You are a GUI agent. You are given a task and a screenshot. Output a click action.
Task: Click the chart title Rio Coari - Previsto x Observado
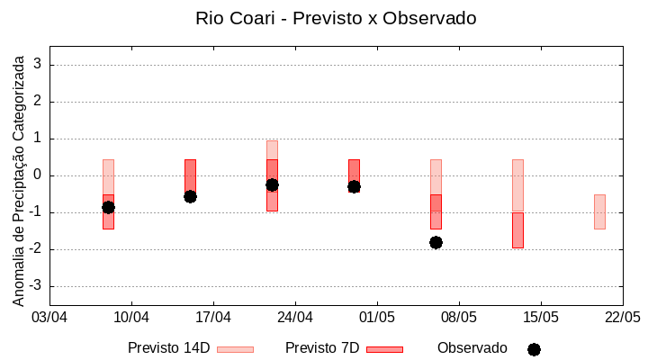336,18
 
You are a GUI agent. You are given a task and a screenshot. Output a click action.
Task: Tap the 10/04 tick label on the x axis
131,318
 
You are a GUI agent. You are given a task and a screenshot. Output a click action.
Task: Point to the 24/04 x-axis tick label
295,318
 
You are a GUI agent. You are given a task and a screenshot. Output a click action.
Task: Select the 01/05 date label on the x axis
377,318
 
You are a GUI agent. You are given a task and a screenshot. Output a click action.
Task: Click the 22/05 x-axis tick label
622,318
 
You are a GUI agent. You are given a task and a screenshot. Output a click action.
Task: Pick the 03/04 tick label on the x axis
49,318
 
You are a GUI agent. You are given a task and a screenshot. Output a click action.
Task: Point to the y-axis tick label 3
38,65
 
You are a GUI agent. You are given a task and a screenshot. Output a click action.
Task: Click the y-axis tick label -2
35,249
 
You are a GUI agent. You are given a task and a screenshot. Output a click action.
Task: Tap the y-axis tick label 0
38,175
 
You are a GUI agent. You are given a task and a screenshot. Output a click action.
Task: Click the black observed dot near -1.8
436,242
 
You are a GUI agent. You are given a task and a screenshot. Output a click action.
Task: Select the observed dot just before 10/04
108,207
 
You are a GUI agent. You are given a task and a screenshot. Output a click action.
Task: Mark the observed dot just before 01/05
354,186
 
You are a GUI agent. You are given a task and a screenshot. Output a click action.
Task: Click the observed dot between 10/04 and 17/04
190,196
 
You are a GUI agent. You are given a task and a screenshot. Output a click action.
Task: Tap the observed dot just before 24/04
272,184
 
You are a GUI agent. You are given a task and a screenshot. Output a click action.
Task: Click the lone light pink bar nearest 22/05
599,211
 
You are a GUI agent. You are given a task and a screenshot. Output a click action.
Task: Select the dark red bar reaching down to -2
517,230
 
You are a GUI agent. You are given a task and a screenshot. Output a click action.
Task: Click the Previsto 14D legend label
168,348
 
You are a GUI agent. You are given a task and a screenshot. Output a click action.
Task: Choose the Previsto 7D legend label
321,348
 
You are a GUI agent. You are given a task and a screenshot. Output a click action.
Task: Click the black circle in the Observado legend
534,349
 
